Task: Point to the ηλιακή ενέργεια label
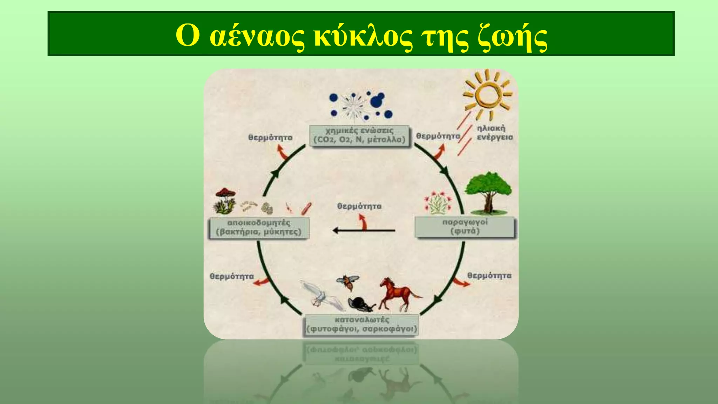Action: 494,133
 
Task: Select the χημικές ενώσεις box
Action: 359,135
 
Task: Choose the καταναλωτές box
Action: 361,325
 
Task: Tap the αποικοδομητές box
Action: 259,228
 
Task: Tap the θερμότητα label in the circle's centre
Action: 359,206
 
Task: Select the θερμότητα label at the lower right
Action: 489,276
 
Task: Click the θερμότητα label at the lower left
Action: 231,276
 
